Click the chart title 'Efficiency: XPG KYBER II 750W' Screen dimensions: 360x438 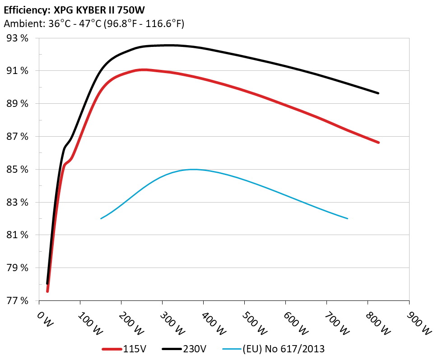(74, 9)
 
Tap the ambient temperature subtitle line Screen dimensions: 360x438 (93, 24)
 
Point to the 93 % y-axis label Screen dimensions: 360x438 (18, 38)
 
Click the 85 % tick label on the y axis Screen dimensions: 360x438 (18, 170)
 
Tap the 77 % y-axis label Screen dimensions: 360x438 (18, 300)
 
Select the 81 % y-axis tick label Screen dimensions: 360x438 (18, 235)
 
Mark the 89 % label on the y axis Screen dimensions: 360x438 (18, 104)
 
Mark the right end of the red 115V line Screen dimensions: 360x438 (378, 143)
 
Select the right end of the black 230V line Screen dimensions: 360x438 (378, 93)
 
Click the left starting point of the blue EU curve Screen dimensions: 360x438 (101, 218)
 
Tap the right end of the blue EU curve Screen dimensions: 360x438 (347, 218)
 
